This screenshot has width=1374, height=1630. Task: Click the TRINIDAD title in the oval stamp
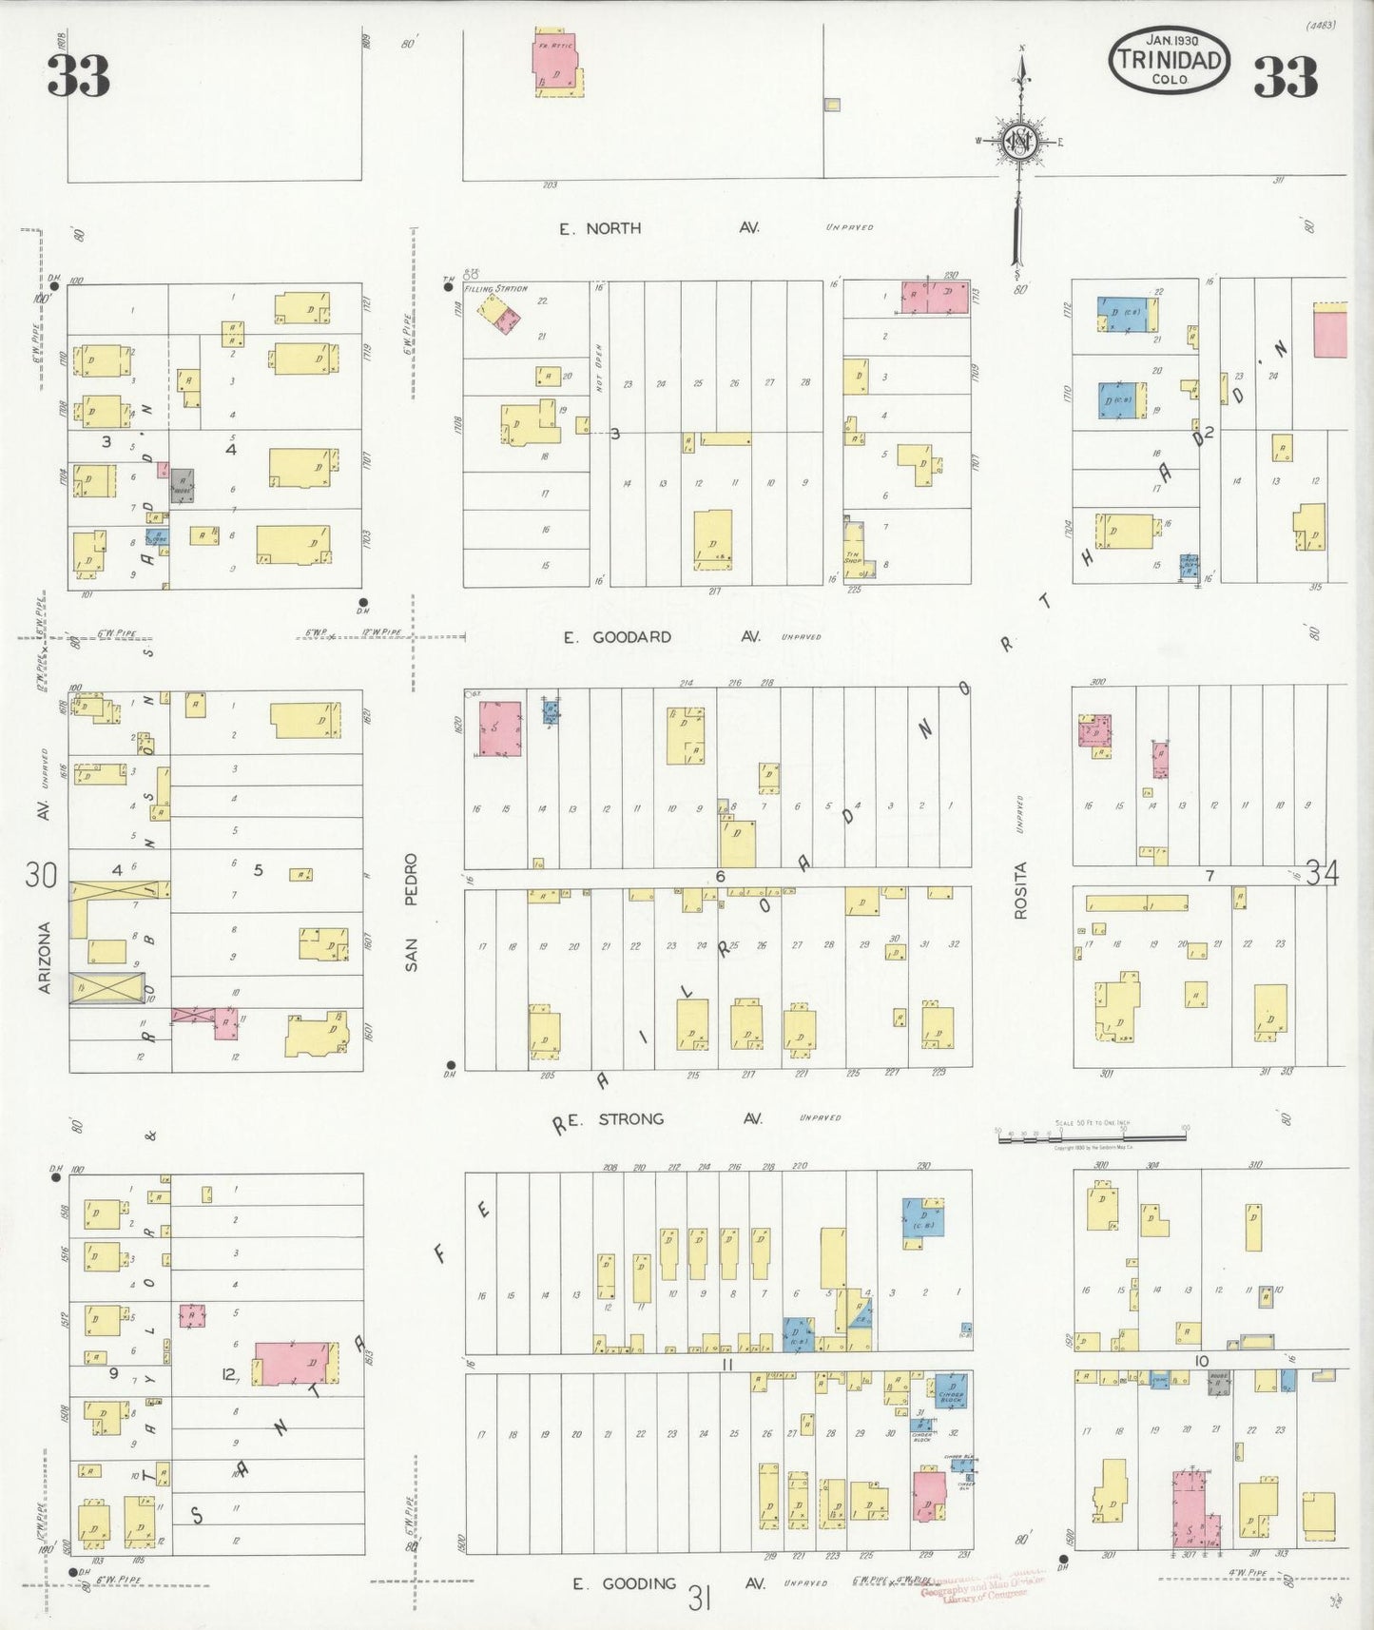point(1169,60)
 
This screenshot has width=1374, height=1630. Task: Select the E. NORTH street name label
point(600,228)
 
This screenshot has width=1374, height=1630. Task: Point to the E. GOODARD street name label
point(619,637)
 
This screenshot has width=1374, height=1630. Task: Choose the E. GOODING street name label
point(625,1583)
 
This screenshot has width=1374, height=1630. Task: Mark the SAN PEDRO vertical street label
point(411,912)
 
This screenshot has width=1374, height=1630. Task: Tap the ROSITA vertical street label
point(1021,890)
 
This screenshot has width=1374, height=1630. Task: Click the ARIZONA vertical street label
point(44,958)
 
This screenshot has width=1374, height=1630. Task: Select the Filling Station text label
point(495,288)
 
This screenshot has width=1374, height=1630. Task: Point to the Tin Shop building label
point(853,558)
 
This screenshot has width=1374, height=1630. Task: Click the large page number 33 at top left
point(79,76)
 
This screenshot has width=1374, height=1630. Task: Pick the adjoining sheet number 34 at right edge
point(1321,871)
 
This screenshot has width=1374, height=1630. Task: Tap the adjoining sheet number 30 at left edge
point(41,873)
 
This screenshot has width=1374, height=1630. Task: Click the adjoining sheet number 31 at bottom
point(700,1600)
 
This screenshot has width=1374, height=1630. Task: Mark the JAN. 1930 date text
point(1171,40)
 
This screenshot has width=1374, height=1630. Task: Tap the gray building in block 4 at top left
point(183,486)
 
